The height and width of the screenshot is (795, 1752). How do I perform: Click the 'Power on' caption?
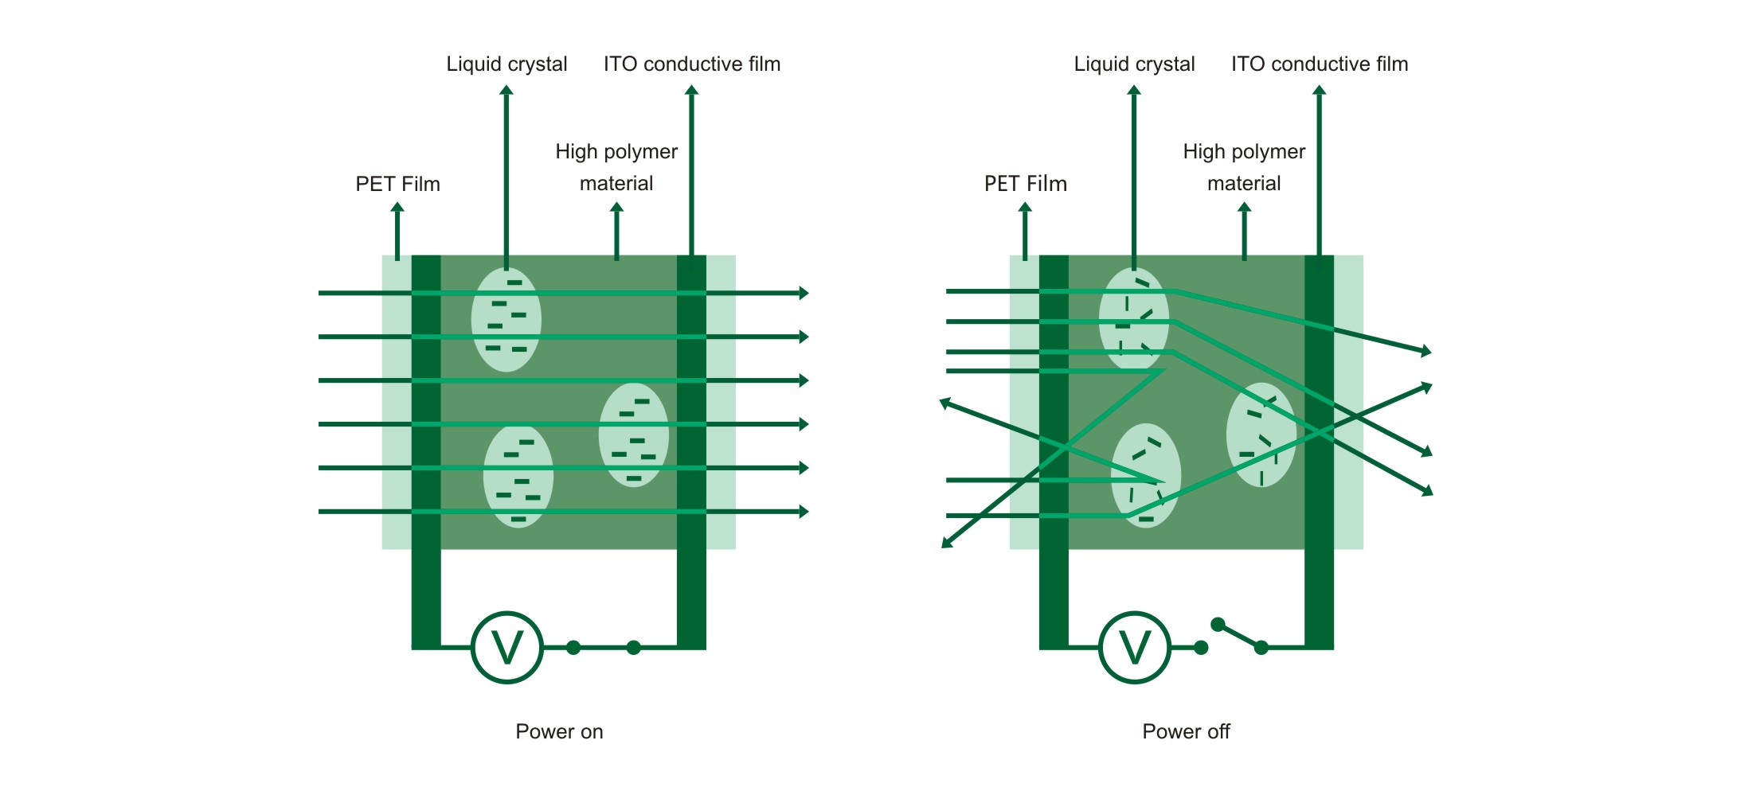click(559, 731)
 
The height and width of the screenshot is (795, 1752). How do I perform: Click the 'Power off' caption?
click(1186, 731)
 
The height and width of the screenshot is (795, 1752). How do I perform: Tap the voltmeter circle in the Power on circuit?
click(507, 647)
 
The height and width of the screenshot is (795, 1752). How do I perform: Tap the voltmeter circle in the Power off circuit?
click(1135, 647)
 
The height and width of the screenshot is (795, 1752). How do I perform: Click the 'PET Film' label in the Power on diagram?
click(397, 184)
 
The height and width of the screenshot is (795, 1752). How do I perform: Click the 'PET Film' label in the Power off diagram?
click(1025, 184)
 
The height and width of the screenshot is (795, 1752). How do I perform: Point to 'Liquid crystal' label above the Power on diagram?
click(506, 64)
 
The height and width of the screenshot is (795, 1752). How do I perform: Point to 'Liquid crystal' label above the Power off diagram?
click(1134, 64)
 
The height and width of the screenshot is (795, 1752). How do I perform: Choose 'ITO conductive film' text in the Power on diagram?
click(692, 64)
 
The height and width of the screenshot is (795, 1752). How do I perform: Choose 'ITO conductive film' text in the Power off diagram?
click(1320, 64)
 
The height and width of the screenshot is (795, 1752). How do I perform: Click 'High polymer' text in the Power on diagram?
click(616, 151)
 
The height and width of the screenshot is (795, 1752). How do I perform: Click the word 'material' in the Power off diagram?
click(1244, 183)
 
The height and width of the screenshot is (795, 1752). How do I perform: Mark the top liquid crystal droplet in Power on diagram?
click(506, 320)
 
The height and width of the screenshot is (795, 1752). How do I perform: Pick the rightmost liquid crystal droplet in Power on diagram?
click(633, 435)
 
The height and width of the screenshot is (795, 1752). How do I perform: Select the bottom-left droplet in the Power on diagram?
click(518, 477)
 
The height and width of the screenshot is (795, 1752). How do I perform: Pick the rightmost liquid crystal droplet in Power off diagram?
click(1261, 435)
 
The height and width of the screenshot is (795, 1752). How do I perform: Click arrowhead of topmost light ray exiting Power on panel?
click(804, 293)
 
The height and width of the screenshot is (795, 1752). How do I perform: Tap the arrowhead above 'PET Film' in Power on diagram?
click(397, 208)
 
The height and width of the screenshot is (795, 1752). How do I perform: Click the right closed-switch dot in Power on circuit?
click(634, 648)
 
